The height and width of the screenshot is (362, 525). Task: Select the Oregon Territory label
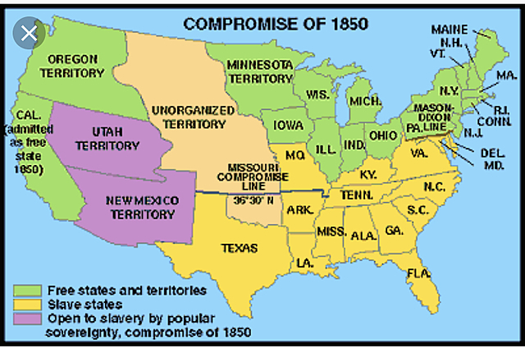point(73,66)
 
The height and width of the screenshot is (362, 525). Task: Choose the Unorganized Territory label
point(188,117)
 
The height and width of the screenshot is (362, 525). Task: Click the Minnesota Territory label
point(259,71)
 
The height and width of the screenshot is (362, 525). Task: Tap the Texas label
point(240,247)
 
